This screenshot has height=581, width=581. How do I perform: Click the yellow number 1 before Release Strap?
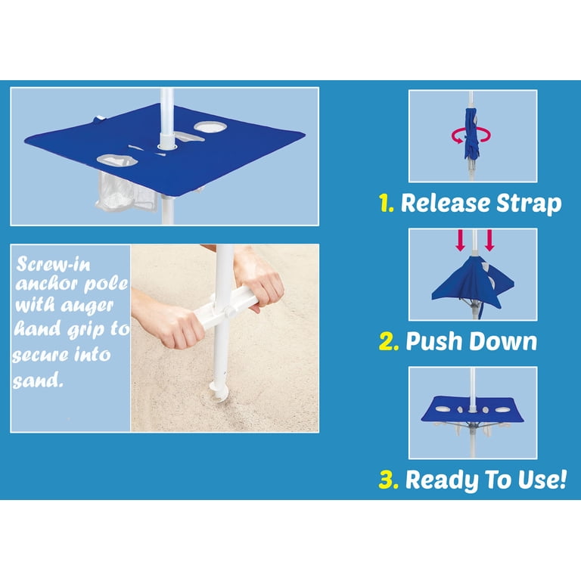point(386,203)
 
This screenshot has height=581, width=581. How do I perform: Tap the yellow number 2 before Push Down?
point(389,341)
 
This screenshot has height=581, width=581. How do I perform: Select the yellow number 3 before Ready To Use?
point(389,480)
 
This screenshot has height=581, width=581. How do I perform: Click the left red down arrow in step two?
point(460,240)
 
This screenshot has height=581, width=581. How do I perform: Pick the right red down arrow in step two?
point(489,240)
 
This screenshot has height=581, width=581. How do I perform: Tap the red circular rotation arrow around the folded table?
point(471,135)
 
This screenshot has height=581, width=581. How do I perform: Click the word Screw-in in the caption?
point(54,264)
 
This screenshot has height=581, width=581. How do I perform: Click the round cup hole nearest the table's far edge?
point(210,127)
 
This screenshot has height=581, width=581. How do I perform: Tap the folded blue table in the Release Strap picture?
point(471,134)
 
